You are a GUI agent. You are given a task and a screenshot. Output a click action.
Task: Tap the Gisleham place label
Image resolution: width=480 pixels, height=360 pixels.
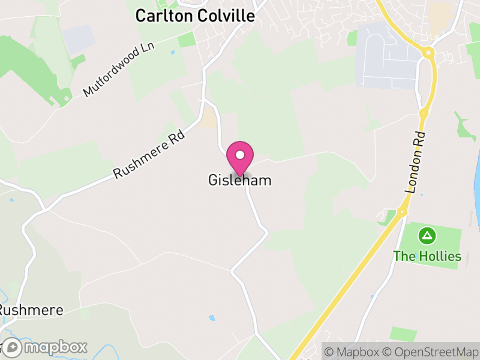tap(240, 180)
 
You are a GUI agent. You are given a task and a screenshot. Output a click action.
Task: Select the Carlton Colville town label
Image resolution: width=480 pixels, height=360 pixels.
tap(194, 16)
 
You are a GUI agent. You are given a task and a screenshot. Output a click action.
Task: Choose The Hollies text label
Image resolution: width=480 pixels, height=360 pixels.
tap(427, 256)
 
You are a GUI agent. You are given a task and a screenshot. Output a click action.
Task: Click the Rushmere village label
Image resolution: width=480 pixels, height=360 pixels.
tap(30, 311)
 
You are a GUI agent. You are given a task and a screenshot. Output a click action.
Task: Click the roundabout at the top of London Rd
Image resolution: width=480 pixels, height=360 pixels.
tap(428, 53)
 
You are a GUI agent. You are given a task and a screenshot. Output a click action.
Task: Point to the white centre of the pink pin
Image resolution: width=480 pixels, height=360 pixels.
tap(240, 155)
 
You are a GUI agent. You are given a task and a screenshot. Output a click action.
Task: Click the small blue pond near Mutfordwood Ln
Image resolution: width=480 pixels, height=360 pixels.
tap(173, 52)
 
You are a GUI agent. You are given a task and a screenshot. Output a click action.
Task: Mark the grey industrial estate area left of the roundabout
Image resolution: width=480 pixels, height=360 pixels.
tap(387, 57)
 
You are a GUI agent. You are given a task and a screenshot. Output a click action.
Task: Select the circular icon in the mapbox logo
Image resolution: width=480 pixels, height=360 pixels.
tap(12, 347)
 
